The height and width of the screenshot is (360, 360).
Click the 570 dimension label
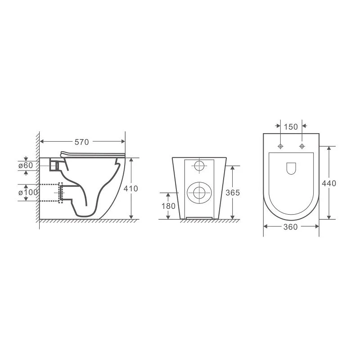point(81,142)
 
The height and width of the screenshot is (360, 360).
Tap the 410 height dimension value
point(130,189)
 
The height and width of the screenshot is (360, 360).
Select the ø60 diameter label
point(26,165)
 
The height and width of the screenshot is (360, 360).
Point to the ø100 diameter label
point(28,193)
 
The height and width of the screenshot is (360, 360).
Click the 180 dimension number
point(168,206)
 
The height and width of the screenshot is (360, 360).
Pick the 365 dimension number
point(233,193)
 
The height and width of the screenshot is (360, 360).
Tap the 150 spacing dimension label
point(291,127)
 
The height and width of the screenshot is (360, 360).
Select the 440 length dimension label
point(329,183)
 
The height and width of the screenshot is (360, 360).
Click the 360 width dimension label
point(290,227)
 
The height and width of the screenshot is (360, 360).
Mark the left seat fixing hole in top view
point(280,146)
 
